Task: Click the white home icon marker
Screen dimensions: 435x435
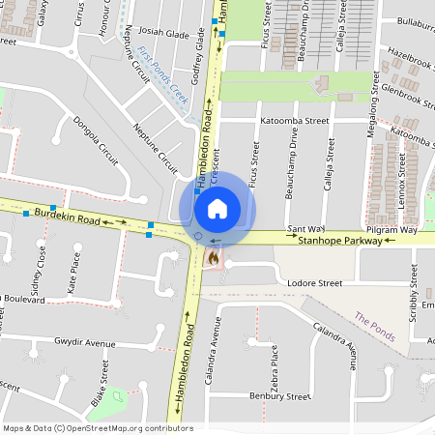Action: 217,208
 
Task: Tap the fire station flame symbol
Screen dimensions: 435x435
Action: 212,258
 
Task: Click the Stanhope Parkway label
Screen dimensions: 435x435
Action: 339,241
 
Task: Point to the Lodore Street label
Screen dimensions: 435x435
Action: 315,283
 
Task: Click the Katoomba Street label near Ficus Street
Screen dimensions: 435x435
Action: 295,122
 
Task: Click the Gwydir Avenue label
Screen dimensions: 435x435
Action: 84,343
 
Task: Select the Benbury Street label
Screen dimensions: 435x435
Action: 279,396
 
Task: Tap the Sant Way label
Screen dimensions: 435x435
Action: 306,229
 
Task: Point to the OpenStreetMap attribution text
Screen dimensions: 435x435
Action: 97,428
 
